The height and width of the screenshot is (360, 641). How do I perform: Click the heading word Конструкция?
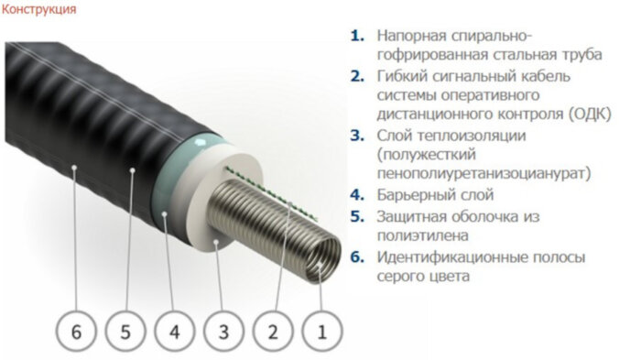[38, 9]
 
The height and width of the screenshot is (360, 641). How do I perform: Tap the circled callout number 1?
[321, 331]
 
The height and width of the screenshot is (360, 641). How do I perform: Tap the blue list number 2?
[356, 76]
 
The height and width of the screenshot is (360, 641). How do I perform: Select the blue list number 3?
[356, 136]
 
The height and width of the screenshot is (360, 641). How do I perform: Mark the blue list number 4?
[356, 195]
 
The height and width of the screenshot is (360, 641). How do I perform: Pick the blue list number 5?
[356, 217]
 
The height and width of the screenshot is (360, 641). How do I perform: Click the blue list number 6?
[356, 257]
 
